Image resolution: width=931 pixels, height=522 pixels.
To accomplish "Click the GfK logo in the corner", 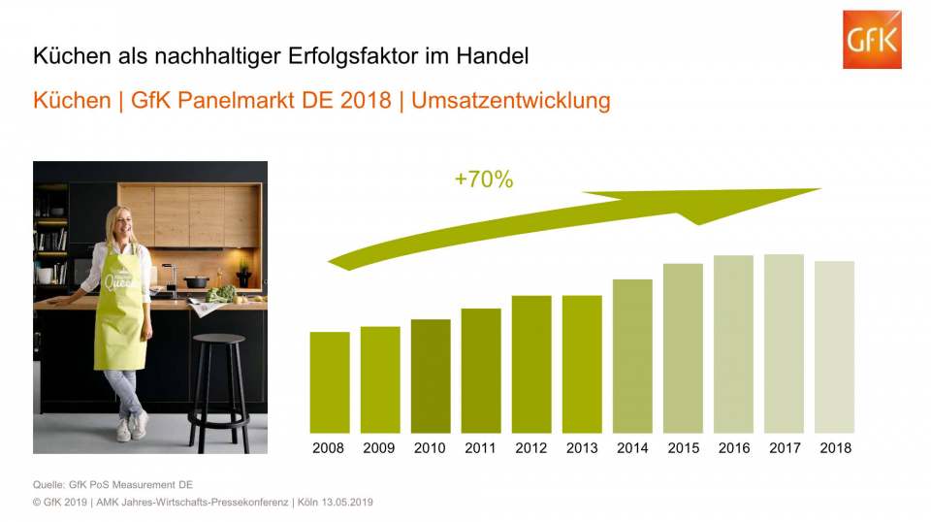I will pyautogui.click(x=871, y=40).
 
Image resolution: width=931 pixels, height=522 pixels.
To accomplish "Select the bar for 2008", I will pyautogui.click(x=330, y=382).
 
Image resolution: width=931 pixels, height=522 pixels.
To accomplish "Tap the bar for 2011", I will pyautogui.click(x=481, y=371).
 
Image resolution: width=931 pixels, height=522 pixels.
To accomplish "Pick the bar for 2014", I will pyautogui.click(x=632, y=356).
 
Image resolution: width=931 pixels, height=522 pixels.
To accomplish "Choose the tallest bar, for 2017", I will pyautogui.click(x=784, y=343).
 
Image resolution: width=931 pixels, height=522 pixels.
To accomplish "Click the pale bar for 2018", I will pyautogui.click(x=834, y=347).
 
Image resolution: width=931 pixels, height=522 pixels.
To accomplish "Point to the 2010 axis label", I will pyautogui.click(x=431, y=448).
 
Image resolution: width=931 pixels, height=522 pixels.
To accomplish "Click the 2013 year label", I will pyautogui.click(x=582, y=448).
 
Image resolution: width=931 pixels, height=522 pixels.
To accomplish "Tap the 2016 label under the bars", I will pyautogui.click(x=733, y=448).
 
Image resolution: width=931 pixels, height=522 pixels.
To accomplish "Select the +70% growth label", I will pyautogui.click(x=483, y=179).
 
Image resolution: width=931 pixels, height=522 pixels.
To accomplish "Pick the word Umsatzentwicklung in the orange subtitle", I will pyautogui.click(x=511, y=101).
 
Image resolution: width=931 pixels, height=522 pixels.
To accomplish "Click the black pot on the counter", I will pyautogui.click(x=197, y=281).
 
